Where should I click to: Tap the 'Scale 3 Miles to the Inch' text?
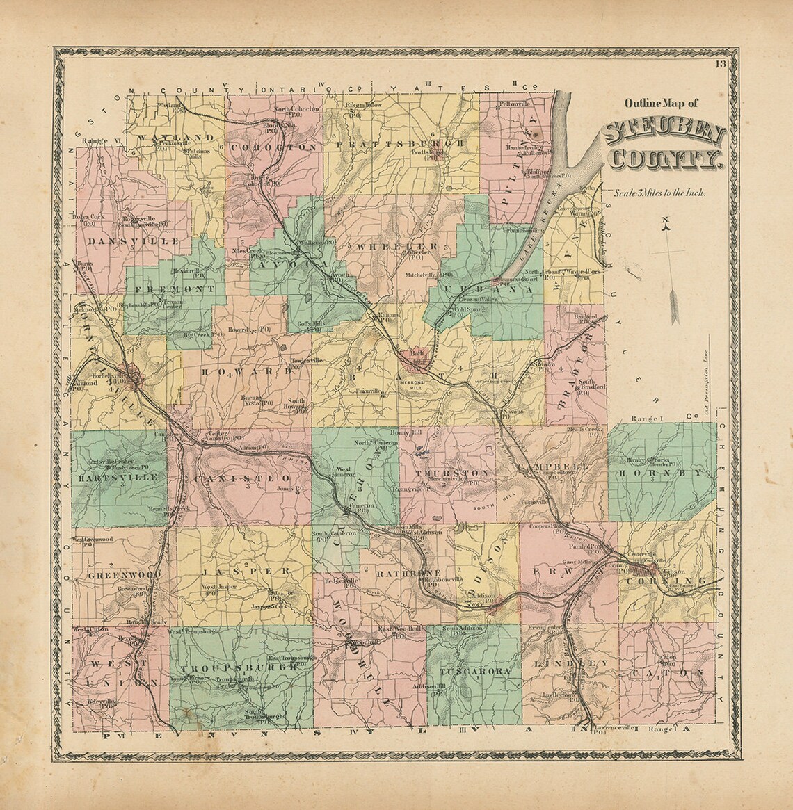tap(655, 194)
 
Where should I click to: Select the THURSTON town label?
tap(443, 473)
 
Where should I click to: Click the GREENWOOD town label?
tap(118, 576)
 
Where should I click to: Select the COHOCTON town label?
tap(273, 147)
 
